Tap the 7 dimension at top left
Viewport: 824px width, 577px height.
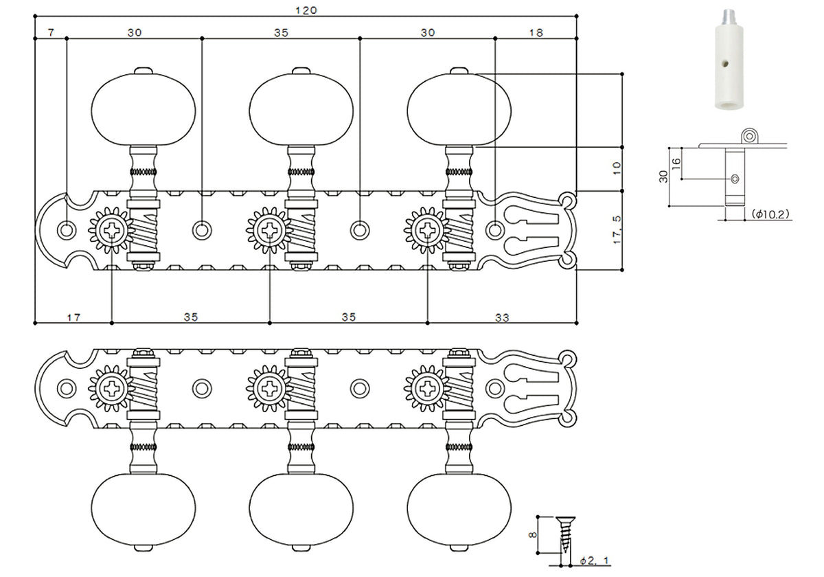51,32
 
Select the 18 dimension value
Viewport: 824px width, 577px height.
536,32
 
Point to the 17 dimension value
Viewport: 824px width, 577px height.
73,317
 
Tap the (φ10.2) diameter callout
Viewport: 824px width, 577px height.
770,214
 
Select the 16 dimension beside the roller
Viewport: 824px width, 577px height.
676,163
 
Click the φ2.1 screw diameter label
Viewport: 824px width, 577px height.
595,561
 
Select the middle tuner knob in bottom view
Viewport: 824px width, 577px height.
301,509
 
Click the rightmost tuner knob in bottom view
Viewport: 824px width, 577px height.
459,509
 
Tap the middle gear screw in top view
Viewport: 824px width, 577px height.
269,229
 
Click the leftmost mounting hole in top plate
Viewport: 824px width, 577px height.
66,229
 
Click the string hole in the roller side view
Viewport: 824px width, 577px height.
735,179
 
